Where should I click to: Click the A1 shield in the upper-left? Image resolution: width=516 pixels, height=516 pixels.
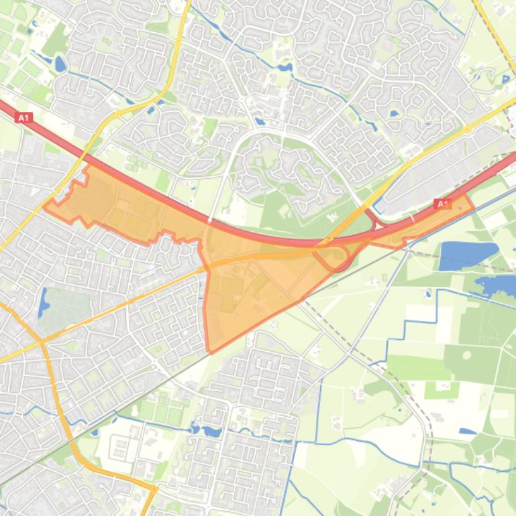[x=24, y=117]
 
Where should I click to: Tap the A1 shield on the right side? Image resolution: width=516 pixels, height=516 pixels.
[x=442, y=203]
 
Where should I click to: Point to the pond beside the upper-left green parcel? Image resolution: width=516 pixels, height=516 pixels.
[x=60, y=65]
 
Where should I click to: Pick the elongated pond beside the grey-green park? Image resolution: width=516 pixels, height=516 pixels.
[x=44, y=303]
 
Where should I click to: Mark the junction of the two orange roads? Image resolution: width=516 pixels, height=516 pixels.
[x=42, y=342]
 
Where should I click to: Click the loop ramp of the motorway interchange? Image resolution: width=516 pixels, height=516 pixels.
[x=332, y=257]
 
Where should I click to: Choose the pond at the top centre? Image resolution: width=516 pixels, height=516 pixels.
[x=285, y=68]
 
